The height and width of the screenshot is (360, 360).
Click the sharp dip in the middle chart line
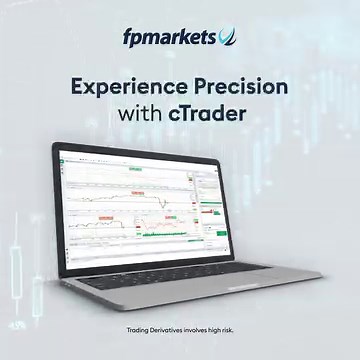click(x=161, y=203)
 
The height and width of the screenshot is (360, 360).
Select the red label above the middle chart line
click(x=131, y=191)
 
